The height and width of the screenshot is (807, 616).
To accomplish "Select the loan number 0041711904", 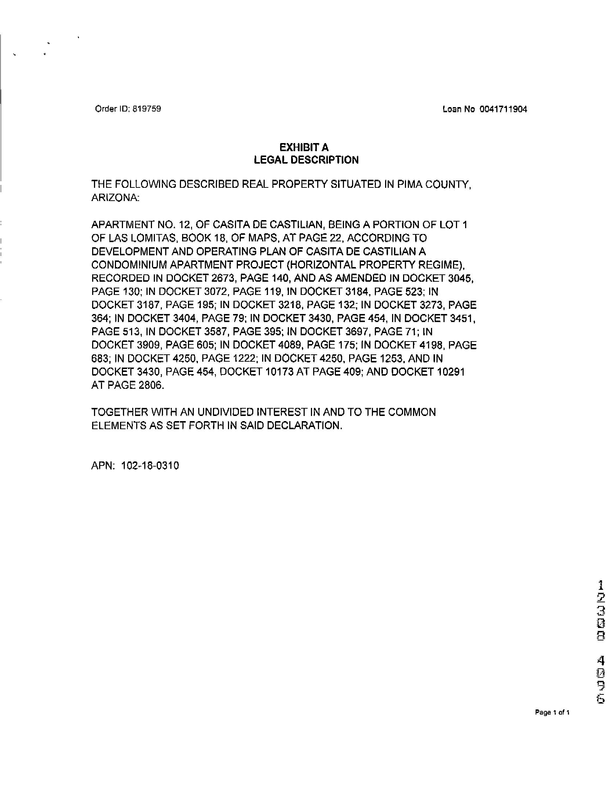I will [x=503, y=109].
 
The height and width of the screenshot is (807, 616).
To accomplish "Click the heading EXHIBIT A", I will [x=304, y=147].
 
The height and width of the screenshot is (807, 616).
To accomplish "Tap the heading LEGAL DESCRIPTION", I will [x=306, y=160].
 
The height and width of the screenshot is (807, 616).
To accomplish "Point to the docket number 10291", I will [x=451, y=372].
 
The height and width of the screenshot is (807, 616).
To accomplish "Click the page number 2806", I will [x=151, y=386].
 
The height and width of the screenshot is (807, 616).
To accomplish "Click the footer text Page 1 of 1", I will [x=552, y=712].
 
